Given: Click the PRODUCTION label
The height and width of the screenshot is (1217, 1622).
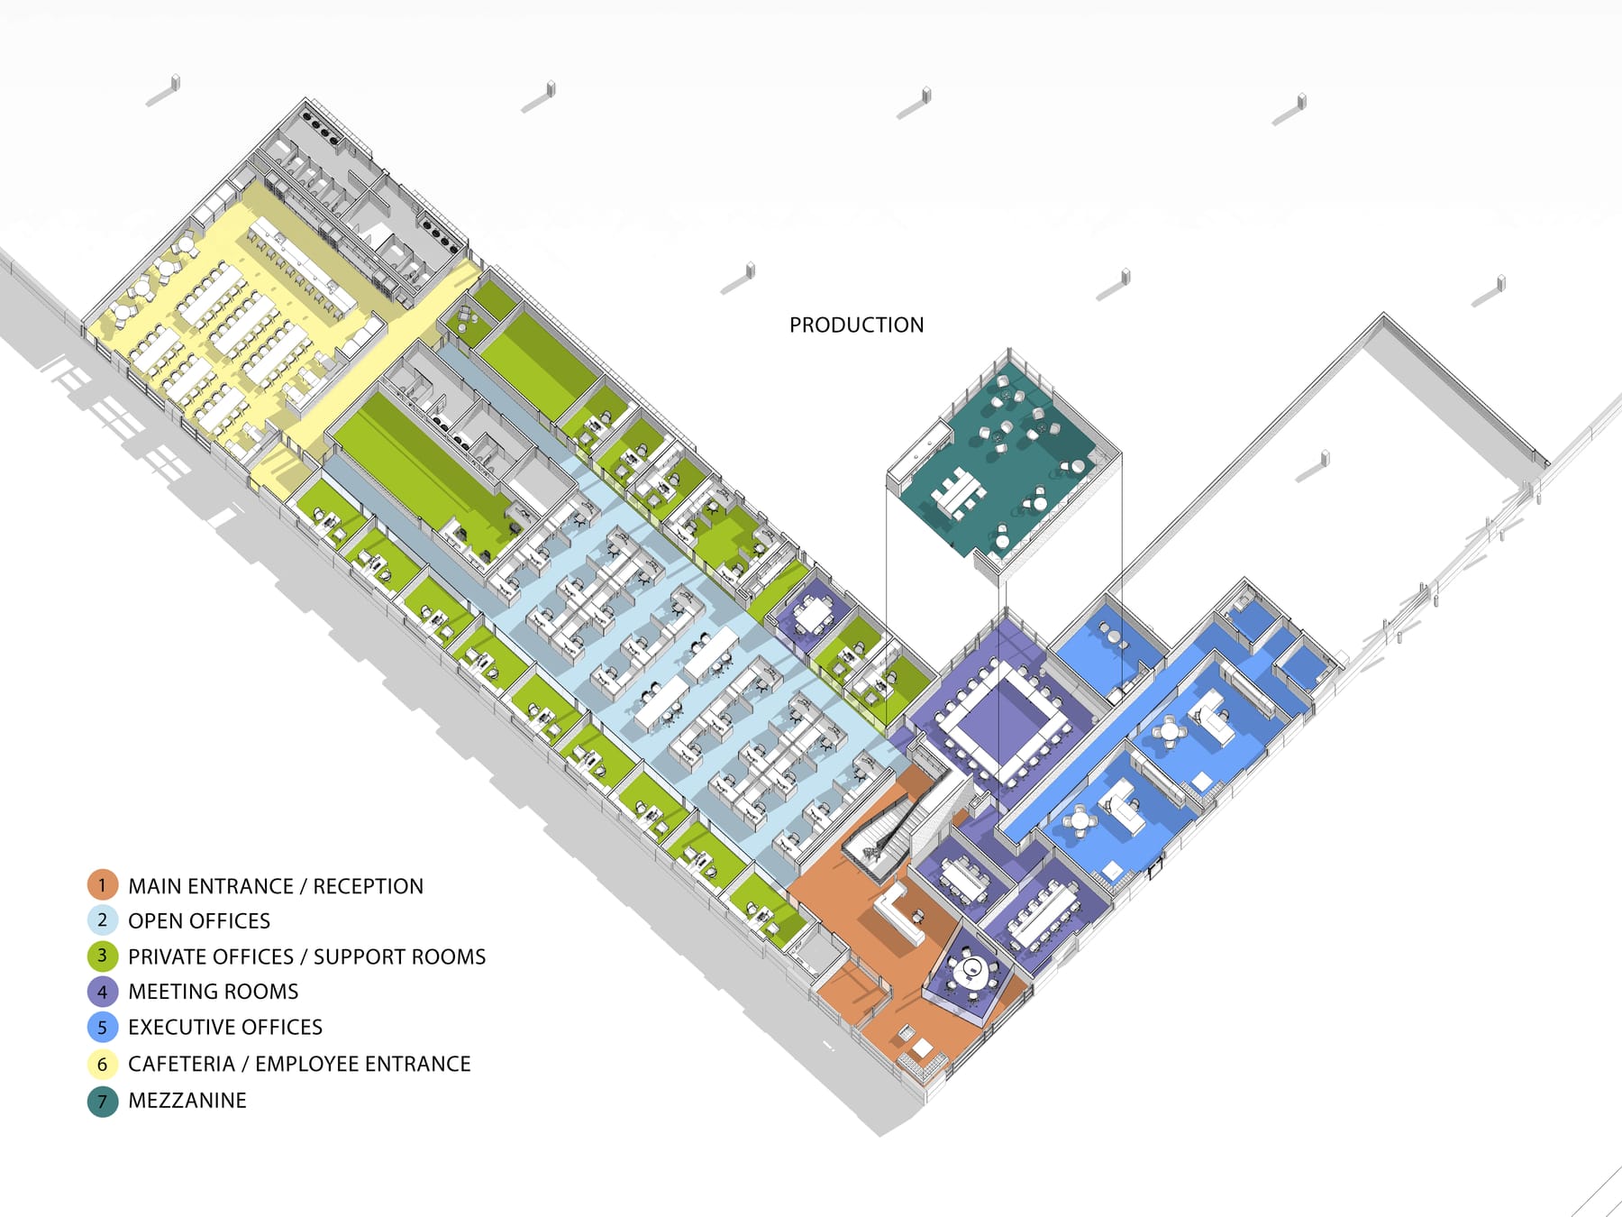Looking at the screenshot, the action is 856,325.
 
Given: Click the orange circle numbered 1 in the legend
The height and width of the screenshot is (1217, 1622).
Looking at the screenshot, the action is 103,885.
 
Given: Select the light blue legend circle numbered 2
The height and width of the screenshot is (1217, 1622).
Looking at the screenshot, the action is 103,920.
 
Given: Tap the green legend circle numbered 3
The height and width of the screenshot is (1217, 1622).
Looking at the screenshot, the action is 103,956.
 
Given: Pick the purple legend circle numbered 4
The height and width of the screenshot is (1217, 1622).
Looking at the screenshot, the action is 103,992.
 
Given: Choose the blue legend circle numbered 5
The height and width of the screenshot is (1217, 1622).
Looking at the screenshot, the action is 103,1028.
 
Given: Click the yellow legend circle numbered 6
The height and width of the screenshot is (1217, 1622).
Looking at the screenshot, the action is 103,1065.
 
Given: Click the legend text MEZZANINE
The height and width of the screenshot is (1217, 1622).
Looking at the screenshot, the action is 187,1101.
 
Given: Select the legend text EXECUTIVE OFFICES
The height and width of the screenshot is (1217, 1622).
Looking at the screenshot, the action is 225,1028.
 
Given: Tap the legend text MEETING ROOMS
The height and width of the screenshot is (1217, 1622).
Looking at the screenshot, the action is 214,992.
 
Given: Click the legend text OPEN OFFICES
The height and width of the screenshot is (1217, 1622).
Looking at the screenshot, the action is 199,920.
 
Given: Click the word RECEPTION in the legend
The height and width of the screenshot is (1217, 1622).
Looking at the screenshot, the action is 368,886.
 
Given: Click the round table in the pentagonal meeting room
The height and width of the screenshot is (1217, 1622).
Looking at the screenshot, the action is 971,970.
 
